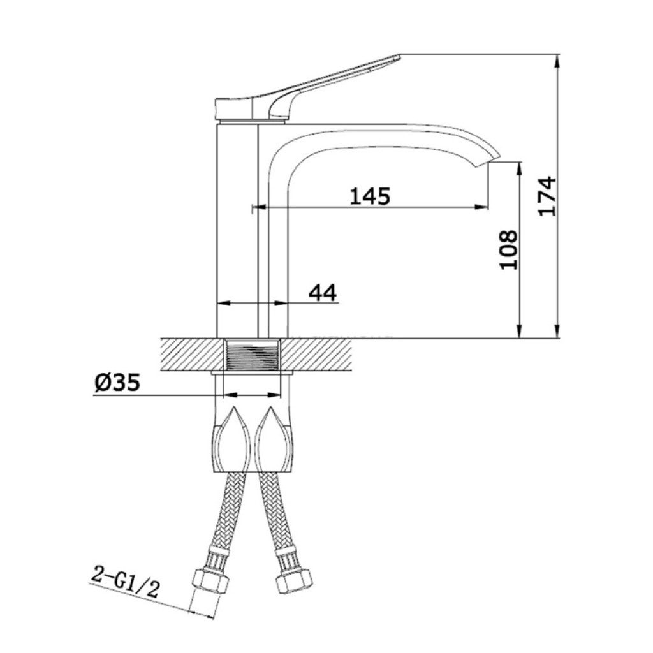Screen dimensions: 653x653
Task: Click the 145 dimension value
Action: (x=370, y=196)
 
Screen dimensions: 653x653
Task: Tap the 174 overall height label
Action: (x=547, y=196)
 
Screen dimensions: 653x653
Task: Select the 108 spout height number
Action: (x=508, y=250)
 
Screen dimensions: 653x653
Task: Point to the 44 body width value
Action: (x=322, y=293)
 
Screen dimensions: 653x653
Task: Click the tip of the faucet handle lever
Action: (x=399, y=56)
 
